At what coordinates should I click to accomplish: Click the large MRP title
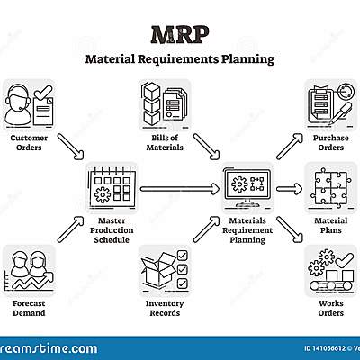tap(180, 34)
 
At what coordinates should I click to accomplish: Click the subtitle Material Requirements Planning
tap(180, 60)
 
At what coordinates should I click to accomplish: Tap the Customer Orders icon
tap(29, 106)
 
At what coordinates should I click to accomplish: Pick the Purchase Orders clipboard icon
tap(330, 106)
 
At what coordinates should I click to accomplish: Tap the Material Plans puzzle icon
tap(330, 187)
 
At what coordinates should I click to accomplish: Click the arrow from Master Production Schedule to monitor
tap(180, 188)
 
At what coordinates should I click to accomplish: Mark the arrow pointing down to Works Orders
tap(288, 230)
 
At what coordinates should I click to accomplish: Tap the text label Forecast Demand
tap(29, 310)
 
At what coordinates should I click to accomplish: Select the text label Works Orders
tap(330, 310)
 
